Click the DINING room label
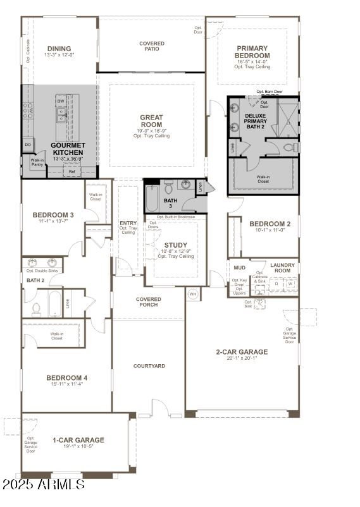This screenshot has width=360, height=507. click(x=58, y=49)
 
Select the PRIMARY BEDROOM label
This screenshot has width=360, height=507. click(x=252, y=52)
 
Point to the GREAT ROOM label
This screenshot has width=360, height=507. click(x=151, y=121)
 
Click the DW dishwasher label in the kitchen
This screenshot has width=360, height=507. click(x=61, y=101)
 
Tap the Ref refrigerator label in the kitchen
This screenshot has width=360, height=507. click(x=71, y=171)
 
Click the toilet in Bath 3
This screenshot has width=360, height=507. click(x=169, y=188)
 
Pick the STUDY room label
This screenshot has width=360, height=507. click(x=175, y=245)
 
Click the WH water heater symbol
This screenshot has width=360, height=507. click(x=193, y=293)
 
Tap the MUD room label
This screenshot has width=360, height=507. click(x=239, y=268)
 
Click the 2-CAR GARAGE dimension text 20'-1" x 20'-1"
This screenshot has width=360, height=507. click(x=242, y=358)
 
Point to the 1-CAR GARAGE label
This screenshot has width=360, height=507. click(x=78, y=440)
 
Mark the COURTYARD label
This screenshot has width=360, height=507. click(x=149, y=366)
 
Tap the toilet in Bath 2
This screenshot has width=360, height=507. click(x=36, y=309)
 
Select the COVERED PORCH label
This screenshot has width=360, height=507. click(x=149, y=302)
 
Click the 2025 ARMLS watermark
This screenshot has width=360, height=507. click(x=43, y=485)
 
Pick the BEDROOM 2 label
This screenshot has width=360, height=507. click(x=270, y=224)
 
